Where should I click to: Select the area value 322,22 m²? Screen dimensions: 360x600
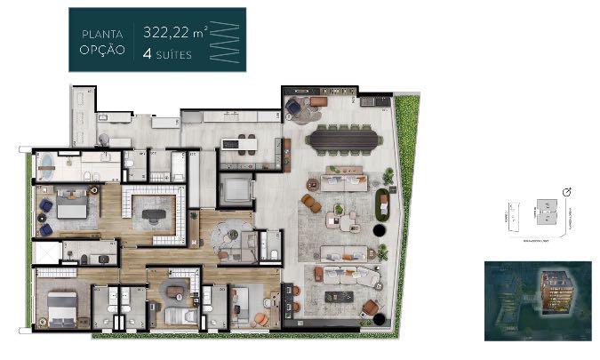point(175,32)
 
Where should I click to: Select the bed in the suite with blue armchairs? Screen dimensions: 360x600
point(71,206)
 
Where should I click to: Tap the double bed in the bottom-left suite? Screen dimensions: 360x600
point(55,307)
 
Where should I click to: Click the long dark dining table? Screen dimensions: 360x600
point(342,140)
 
